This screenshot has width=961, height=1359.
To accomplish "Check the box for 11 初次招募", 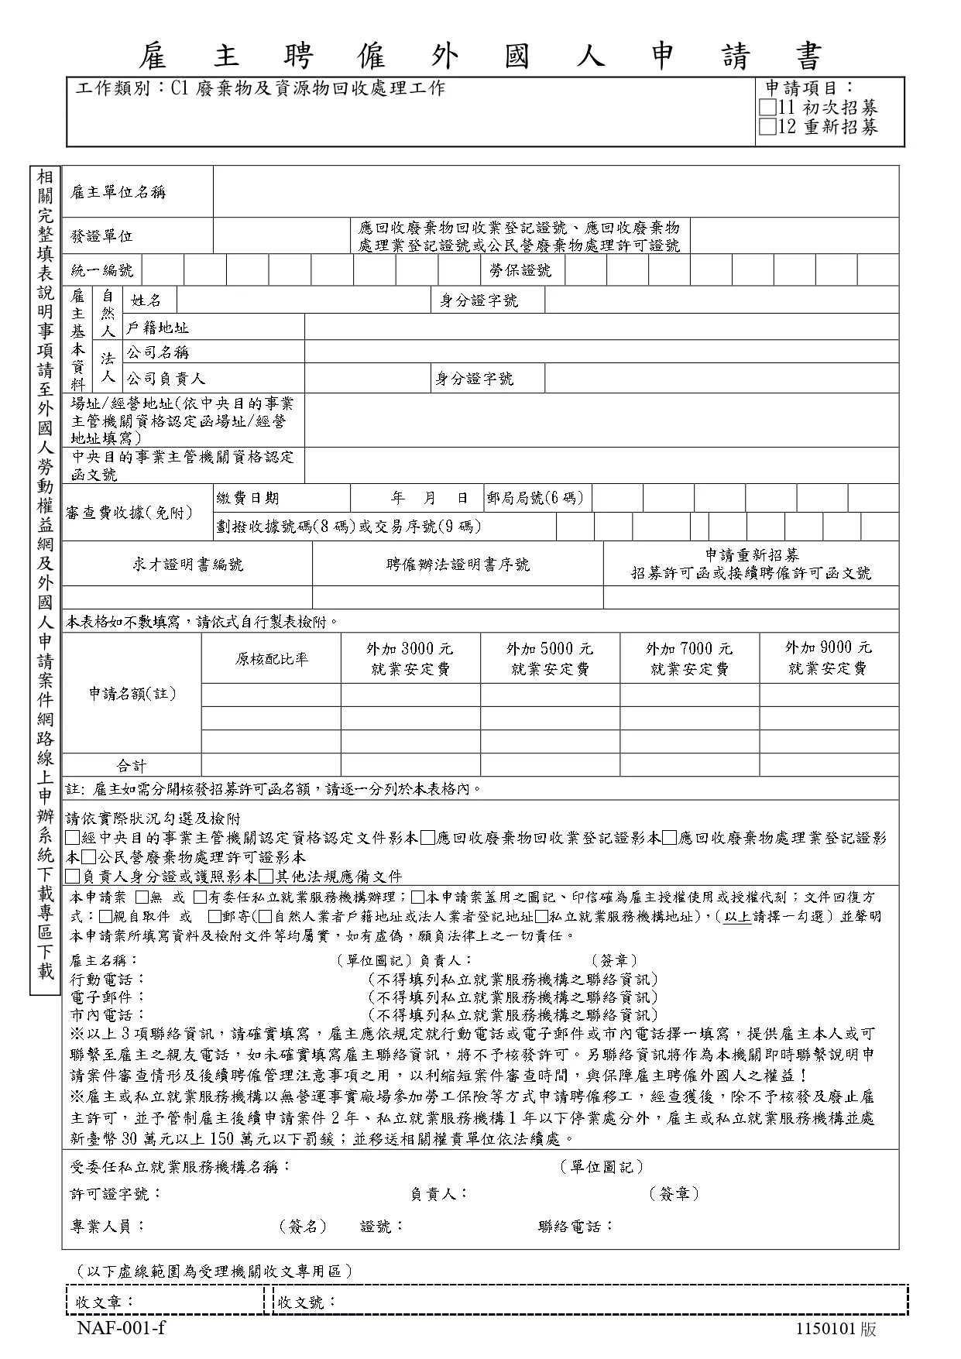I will pos(768,108).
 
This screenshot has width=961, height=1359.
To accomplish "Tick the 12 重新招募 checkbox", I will pos(768,127).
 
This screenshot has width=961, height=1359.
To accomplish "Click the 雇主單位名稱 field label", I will pos(118,192).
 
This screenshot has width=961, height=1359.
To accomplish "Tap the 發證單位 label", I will pos(101,236).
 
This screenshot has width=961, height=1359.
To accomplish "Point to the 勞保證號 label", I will pos(520,270).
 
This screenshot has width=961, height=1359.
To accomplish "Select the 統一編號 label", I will pos(101,270).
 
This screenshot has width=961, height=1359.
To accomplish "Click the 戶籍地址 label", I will pos(158,328).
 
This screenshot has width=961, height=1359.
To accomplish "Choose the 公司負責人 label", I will pos(166,379).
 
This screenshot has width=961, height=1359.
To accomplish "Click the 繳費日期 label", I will pos(248,498).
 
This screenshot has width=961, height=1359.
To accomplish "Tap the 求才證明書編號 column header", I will pos(187,565).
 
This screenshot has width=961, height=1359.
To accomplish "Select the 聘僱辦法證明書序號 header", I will pos(458,565).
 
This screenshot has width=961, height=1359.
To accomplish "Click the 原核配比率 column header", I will pos(272,659).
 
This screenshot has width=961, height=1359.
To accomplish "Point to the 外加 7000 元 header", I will pos(689,649).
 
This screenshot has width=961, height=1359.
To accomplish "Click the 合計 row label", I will pos(132,766).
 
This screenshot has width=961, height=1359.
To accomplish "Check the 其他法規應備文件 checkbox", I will pos(266,877).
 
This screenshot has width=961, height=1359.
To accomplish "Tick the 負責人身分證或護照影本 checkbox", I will pos(73,877).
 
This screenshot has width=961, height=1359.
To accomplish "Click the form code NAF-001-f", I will pos(121,1329).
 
